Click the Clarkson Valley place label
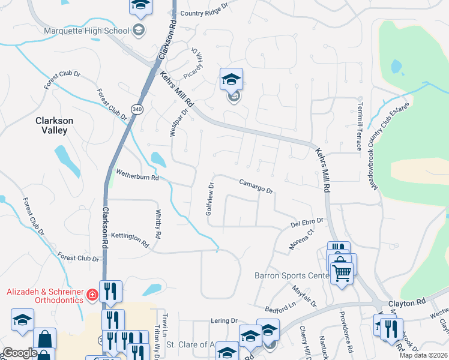tap(54, 125)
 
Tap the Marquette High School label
tap(86, 31)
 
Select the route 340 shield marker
tap(137, 109)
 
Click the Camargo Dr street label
tap(256, 186)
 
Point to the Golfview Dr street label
tap(209, 199)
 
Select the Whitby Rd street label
tap(158, 224)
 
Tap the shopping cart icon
tap(342, 274)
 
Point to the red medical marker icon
tap(92, 295)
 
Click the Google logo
tap(20, 353)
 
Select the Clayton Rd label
tap(406, 303)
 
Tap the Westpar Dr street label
tap(178, 122)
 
